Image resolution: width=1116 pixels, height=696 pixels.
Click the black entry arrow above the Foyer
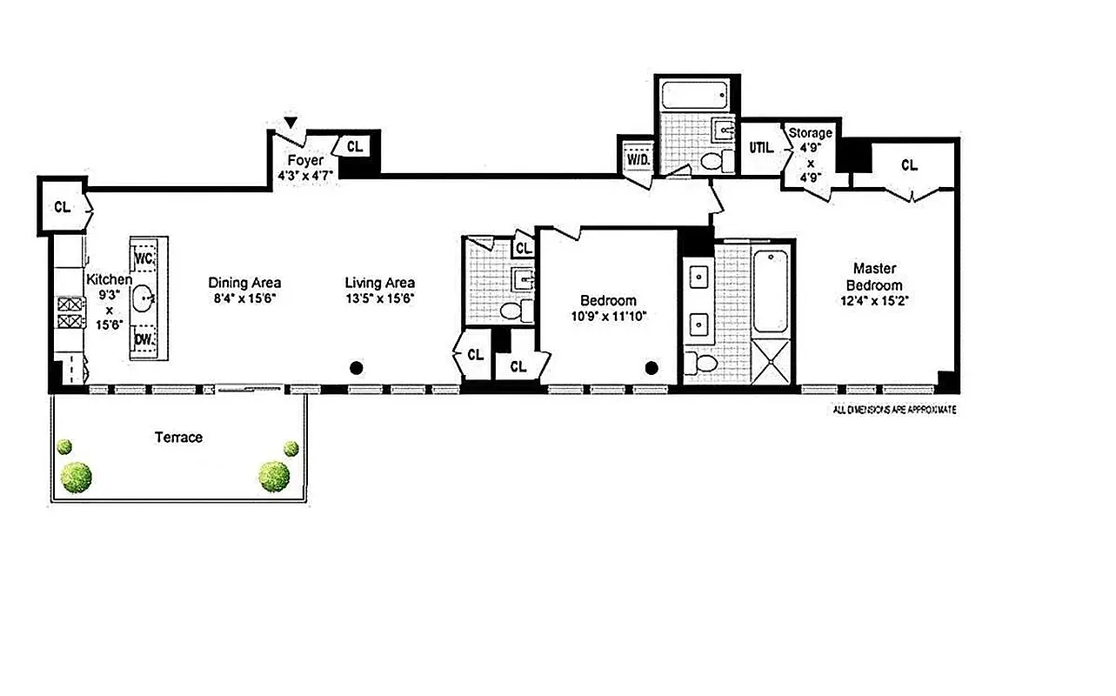click(291, 123)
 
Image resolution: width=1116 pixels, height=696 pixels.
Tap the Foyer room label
click(305, 161)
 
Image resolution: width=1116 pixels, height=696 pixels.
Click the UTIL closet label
click(760, 148)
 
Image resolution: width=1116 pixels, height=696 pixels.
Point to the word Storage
click(810, 133)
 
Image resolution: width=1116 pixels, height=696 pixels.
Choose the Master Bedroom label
click(874, 277)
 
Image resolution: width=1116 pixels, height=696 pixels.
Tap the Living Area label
click(379, 283)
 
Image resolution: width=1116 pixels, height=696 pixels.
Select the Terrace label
click(178, 438)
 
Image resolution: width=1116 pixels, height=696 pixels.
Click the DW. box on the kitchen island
click(144, 340)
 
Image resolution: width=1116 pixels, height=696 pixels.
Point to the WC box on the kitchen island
click(144, 258)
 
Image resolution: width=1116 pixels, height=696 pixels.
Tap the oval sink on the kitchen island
click(144, 299)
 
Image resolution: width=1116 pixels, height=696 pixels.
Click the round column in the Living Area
click(355, 368)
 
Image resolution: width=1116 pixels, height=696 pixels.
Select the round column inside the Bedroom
click(652, 368)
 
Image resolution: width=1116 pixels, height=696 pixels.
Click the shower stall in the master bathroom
click(773, 360)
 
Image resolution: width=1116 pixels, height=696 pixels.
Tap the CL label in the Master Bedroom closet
click(909, 164)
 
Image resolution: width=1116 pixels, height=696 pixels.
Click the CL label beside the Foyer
click(355, 147)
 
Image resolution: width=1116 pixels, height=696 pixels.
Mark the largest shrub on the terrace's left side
click(76, 476)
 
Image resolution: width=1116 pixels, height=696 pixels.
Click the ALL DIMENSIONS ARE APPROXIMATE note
click(894, 409)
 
